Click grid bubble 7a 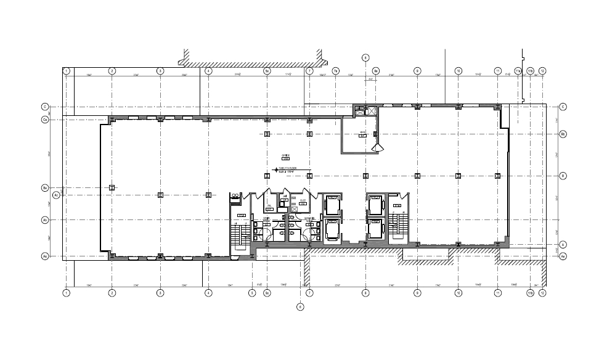(336, 71)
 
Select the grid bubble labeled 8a (376, 71)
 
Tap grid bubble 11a (529, 71)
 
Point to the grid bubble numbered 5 (252, 293)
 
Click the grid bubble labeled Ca (45, 120)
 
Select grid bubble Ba (45, 187)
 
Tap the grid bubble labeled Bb (563, 134)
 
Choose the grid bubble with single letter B (563, 176)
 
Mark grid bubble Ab (45, 220)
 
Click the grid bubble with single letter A (563, 245)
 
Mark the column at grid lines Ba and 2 (112, 187)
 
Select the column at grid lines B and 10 (458, 176)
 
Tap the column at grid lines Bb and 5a (267, 134)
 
